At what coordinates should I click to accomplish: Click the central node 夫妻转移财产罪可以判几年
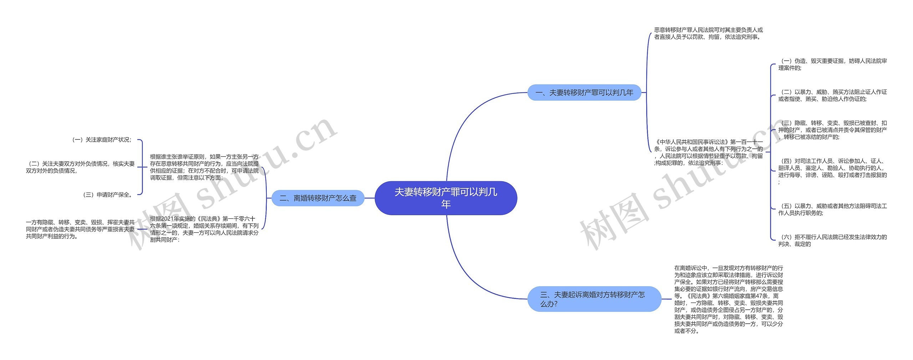point(446,198)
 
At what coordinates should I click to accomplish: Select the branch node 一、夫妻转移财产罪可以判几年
point(584,93)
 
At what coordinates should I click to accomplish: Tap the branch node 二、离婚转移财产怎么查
point(318,198)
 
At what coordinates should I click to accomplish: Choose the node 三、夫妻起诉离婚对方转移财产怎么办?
point(594,299)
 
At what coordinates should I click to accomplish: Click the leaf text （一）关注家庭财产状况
point(102,140)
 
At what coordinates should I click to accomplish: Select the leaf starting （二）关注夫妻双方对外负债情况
point(80,167)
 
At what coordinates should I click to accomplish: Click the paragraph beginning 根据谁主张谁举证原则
point(204,167)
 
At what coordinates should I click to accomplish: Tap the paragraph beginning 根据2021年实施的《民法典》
point(204,229)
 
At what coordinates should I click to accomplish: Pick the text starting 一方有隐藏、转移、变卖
point(80,229)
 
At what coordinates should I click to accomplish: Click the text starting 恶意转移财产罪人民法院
point(708,34)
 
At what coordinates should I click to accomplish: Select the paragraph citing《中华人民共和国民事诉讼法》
point(708,152)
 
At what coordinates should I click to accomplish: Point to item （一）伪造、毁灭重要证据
point(832,65)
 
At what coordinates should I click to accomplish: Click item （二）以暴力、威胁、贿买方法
point(832,96)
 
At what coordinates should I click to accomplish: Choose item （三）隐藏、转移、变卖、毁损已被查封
point(832,130)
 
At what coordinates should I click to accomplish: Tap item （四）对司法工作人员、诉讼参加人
point(832,171)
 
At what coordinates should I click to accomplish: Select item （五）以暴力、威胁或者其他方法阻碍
point(832,209)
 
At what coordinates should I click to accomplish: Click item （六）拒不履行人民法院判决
point(832,240)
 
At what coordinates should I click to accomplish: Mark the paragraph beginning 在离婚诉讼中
point(728,299)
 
